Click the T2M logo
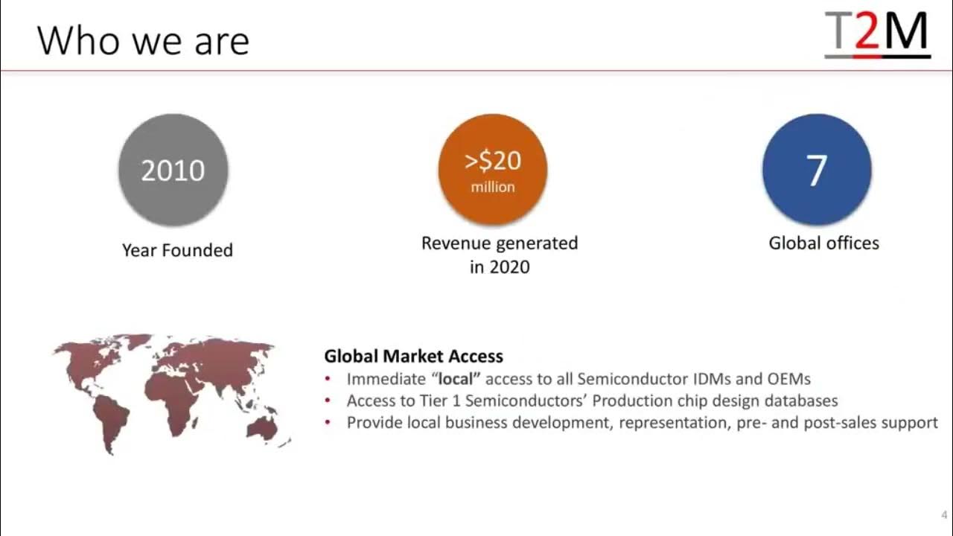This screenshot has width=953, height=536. point(877,34)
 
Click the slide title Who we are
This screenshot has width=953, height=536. point(143,40)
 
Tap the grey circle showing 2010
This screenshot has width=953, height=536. point(173,170)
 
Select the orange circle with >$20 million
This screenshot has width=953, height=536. point(493,170)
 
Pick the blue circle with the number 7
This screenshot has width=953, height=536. point(817,170)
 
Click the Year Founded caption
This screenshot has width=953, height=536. point(177,250)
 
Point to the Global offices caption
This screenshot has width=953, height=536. point(823,243)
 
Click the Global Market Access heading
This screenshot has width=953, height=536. point(413,356)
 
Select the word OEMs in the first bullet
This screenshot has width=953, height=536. point(788,378)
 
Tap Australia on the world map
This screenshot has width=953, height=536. point(262,426)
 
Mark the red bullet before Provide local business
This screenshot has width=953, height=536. point(328,423)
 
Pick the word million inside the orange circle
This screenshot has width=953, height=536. point(493,187)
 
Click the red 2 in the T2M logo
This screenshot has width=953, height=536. point(866,33)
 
